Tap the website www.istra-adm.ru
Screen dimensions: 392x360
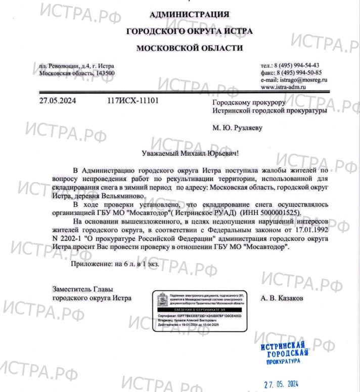pyautogui.click(x=284, y=87)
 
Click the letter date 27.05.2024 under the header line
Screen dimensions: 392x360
pyautogui.click(x=57, y=101)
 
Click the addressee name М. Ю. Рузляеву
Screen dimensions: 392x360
pyautogui.click(x=238, y=128)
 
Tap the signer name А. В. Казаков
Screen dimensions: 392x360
pyautogui.click(x=282, y=298)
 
